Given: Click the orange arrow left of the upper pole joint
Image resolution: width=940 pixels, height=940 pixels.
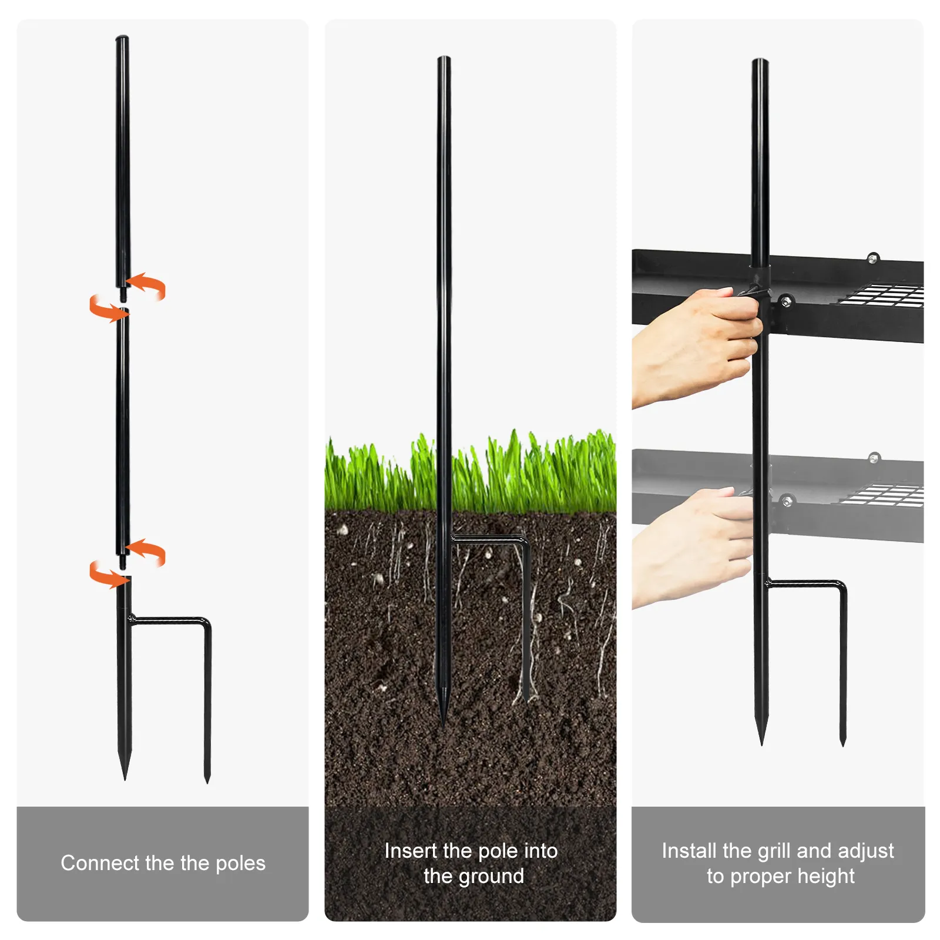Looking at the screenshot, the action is click(108, 309).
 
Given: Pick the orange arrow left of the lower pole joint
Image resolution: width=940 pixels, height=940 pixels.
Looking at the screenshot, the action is click(108, 575).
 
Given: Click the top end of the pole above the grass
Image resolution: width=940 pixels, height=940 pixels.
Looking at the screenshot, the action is click(444, 57).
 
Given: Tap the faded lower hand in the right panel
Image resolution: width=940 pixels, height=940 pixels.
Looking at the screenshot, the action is click(693, 546).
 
